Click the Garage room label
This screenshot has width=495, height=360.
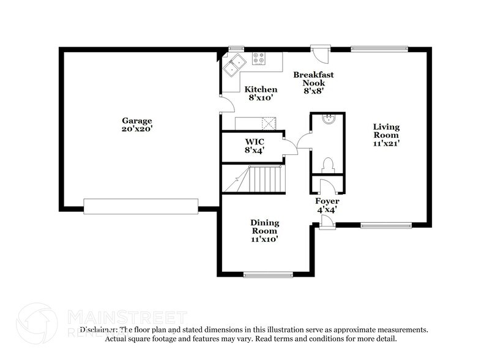136,121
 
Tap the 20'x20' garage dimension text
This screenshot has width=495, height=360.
136,129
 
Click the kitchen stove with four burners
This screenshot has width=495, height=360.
259,59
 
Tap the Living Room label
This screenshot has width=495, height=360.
386,130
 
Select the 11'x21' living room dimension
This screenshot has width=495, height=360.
386,143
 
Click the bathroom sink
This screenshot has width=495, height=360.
327,119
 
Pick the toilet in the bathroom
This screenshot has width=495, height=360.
327,165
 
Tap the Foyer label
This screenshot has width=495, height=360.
327,201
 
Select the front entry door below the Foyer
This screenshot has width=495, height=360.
327,225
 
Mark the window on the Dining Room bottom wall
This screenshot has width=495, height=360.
264,275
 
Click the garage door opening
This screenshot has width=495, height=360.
141,206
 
